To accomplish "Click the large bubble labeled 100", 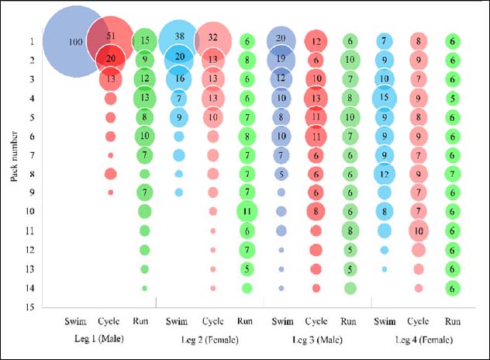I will coord(75,40).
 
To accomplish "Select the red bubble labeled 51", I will coord(110,37).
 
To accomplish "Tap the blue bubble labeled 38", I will coord(179,37).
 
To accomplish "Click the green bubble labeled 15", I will coord(144,40).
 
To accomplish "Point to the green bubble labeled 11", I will coord(247,210).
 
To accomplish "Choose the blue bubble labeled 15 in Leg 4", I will coord(384,98).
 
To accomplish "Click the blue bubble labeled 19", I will coord(281,59).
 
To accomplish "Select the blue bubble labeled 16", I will coord(179,78).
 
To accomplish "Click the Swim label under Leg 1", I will coord(75,320).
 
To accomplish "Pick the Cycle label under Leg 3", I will coord(316,320).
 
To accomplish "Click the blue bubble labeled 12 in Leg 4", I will coord(384,173).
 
